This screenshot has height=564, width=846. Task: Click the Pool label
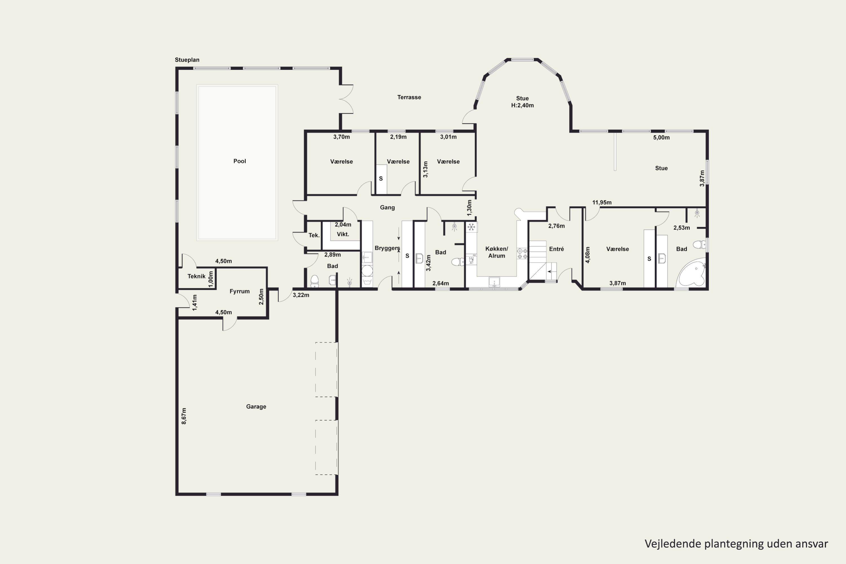(239, 161)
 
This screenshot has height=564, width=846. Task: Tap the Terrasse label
(409, 97)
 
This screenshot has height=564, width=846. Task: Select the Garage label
(256, 406)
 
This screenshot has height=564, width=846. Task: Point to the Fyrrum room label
(239, 291)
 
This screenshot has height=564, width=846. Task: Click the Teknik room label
(196, 276)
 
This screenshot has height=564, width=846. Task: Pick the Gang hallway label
(387, 208)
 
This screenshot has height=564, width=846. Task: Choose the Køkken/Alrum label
(497, 252)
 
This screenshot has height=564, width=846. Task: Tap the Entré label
(556, 249)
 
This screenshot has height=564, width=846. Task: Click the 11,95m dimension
(602, 202)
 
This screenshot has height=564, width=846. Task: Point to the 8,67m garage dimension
(184, 416)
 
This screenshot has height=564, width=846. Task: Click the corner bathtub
(691, 273)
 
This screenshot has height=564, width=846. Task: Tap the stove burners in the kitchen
(522, 254)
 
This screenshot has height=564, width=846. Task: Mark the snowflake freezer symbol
(471, 227)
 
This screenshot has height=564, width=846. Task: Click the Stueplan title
(187, 60)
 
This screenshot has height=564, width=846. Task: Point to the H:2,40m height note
(522, 105)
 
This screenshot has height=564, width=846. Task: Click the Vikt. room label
(343, 234)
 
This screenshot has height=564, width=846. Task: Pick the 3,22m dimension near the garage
(301, 295)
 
